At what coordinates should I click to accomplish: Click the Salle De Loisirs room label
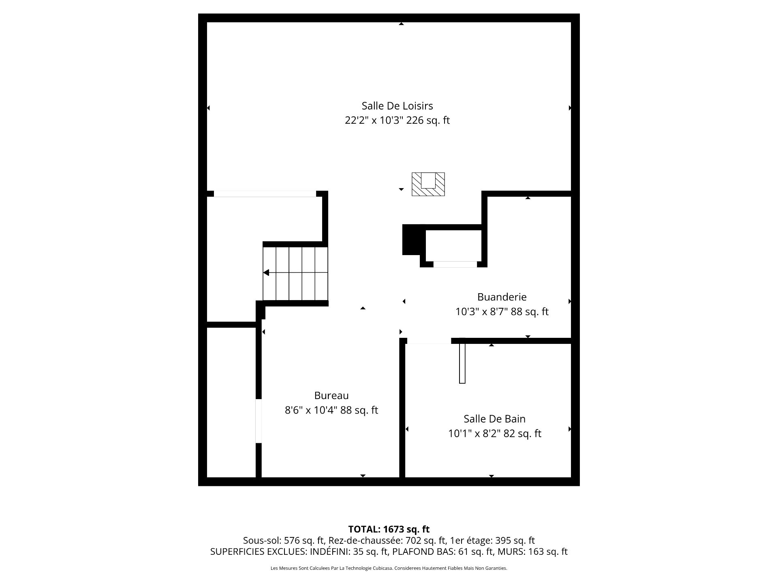coord(397,106)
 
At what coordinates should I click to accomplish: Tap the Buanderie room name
coord(502,297)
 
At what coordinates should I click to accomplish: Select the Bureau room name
coord(331,395)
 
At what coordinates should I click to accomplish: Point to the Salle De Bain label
coord(494,419)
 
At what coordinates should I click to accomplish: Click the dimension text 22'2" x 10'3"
coord(374,120)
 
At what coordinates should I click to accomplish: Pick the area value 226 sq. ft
coord(428,120)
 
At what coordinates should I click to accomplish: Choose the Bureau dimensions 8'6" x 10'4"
coord(311,410)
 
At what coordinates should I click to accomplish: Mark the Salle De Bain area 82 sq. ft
coord(522,434)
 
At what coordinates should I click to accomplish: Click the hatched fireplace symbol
coord(428,184)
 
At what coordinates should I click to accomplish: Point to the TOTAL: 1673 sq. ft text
coord(389,529)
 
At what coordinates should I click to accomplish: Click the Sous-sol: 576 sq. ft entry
coord(284,541)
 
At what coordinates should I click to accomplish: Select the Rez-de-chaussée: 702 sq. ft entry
coord(387,541)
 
